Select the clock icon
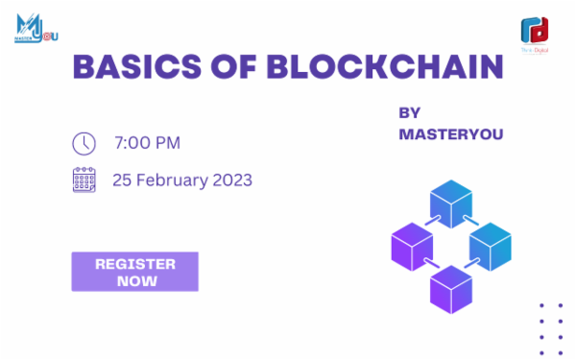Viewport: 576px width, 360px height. pos(84,143)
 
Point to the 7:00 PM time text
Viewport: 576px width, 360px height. pos(147,143)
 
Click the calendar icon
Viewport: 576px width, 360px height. pos(84,180)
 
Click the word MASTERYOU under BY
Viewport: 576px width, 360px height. pos(450,134)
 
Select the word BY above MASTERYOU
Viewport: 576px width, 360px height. pos(410,112)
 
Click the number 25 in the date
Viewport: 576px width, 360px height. pos(122,180)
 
